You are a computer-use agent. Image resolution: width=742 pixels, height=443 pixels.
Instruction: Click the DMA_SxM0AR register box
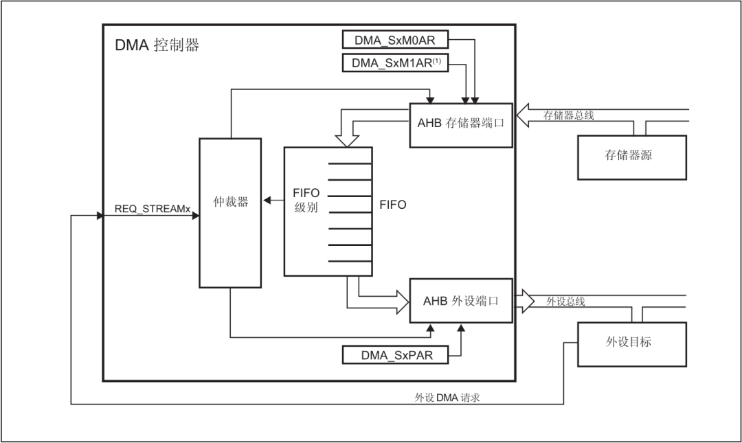pos(395,40)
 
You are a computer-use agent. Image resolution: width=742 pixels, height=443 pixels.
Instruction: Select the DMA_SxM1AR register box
pos(395,63)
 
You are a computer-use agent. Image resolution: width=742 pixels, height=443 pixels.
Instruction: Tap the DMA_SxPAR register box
pos(395,355)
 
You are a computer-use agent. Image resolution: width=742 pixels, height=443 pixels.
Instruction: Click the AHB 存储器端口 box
pos(461,124)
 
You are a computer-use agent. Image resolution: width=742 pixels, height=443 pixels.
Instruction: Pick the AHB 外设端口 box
pos(461,300)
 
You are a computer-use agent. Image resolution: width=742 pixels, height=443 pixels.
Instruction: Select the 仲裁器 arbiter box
pos(230,213)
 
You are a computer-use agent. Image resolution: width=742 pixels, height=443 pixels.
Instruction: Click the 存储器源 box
pos(631,157)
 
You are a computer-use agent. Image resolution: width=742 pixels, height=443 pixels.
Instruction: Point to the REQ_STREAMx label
pos(152,208)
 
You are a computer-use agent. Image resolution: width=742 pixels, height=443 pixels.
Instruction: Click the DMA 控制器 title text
pos(157,45)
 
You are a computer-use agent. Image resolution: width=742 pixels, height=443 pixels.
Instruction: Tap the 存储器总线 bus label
pos(569,115)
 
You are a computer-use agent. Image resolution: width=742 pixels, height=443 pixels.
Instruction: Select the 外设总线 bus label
pos(565,301)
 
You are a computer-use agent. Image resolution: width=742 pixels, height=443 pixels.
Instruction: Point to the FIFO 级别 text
pos(306,200)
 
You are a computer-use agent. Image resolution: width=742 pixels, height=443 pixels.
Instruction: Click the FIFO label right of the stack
pos(393,205)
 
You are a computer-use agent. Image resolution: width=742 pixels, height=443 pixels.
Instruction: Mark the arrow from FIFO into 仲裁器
pos(273,201)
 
